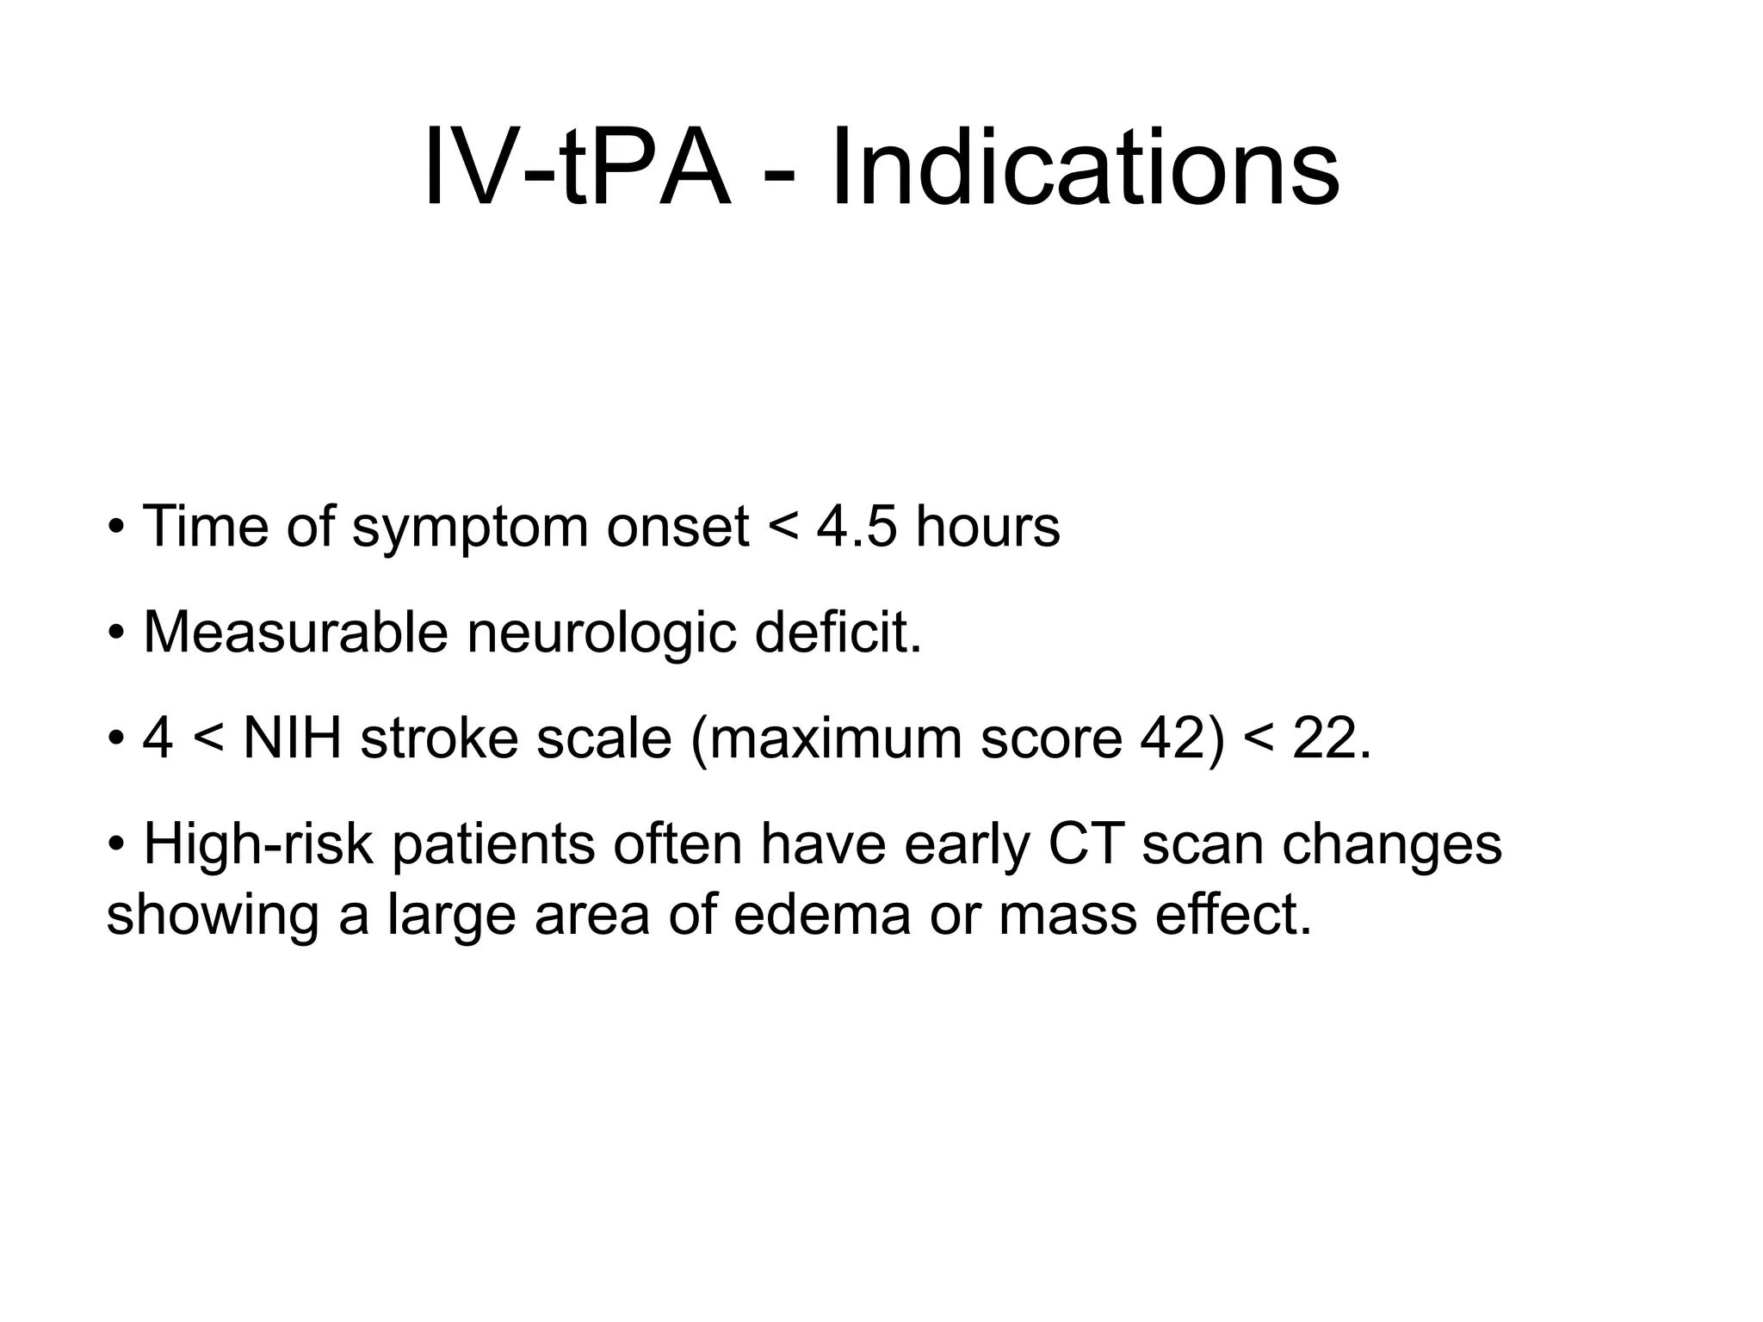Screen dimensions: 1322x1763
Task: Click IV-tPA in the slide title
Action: click(x=577, y=168)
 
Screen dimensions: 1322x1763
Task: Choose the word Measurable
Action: click(x=295, y=633)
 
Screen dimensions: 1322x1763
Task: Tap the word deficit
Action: click(x=838, y=633)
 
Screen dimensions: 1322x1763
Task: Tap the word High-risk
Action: click(x=257, y=845)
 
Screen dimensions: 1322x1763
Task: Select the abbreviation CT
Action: click(x=1086, y=845)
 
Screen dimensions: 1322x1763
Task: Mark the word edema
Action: click(x=822, y=915)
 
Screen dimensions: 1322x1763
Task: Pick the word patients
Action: click(x=493, y=845)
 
